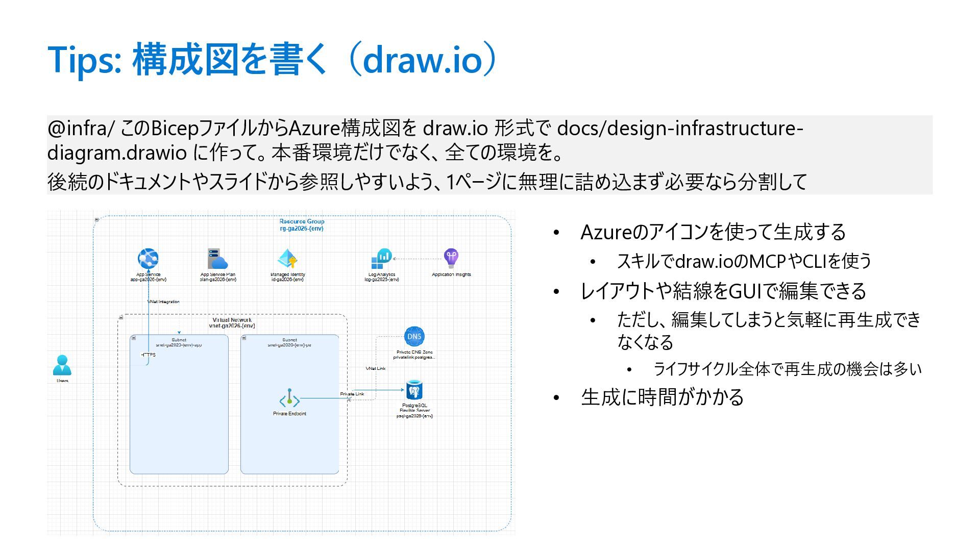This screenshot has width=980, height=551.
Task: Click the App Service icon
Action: pos(148,259)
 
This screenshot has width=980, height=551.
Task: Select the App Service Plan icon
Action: pos(217,259)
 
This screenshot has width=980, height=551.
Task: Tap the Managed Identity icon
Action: pos(287,259)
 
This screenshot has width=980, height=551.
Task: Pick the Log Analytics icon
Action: pos(381,259)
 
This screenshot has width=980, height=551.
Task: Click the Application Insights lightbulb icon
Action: pos(451,258)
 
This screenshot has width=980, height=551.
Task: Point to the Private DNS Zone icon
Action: pos(414,336)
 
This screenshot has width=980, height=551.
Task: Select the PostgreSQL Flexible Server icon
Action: pos(414,390)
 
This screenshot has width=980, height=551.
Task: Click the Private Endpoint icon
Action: pos(289,399)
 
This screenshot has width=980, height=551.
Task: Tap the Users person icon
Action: pos(62,365)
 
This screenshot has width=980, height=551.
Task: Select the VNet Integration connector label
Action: pos(163,302)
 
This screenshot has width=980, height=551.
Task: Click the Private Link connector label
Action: pos(352,394)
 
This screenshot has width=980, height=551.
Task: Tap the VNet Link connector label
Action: pos(375,368)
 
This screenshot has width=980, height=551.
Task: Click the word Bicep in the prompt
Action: pos(175,128)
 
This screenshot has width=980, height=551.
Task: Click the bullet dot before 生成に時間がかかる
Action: pos(557,397)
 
